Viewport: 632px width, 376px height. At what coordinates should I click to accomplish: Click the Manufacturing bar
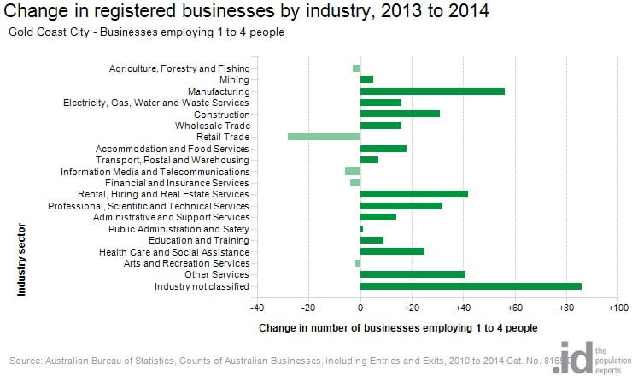[432, 91]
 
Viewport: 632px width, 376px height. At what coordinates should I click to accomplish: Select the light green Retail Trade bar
[324, 137]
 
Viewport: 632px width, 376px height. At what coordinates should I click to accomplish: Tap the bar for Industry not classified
[471, 286]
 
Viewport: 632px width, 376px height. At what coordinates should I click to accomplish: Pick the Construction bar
[400, 114]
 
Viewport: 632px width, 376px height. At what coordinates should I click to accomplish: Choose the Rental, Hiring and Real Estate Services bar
[414, 194]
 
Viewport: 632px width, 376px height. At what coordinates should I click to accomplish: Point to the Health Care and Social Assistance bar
[392, 251]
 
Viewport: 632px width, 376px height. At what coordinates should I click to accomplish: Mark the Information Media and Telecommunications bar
[353, 171]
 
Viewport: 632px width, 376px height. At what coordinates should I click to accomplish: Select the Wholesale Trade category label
[212, 126]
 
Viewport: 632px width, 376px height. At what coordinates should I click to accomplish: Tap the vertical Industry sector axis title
[21, 260]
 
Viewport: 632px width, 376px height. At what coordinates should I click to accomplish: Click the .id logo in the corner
[571, 357]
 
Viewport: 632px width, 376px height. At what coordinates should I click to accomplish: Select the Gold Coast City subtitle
[146, 32]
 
